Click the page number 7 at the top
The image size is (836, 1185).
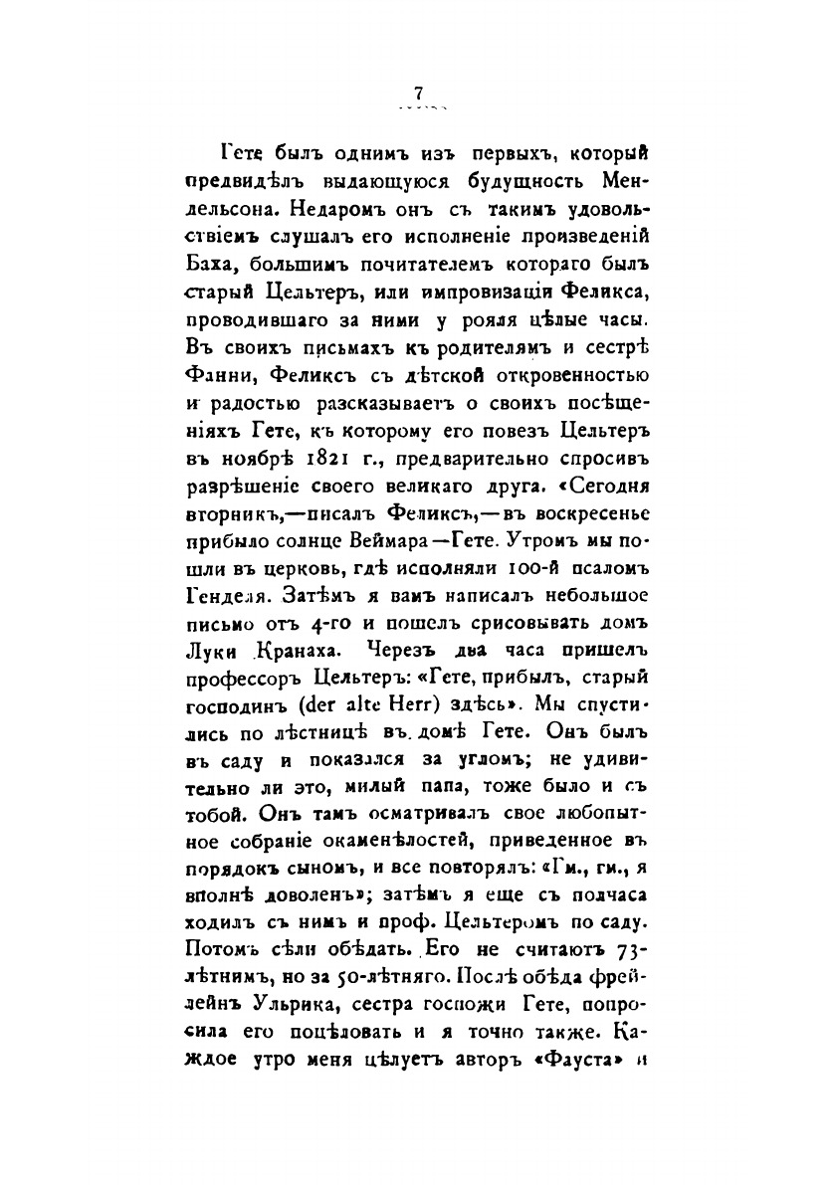[x=418, y=93]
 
